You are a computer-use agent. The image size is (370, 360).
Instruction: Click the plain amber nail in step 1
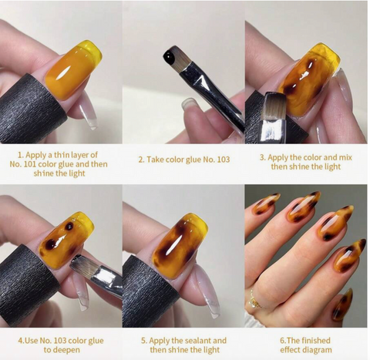pyautogui.click(x=74, y=72)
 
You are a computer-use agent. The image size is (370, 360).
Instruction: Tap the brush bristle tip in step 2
pyautogui.click(x=172, y=55)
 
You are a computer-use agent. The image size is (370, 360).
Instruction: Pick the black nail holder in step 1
pyautogui.click(x=31, y=108)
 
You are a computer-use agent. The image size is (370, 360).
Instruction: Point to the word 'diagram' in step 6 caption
pyautogui.click(x=323, y=351)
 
